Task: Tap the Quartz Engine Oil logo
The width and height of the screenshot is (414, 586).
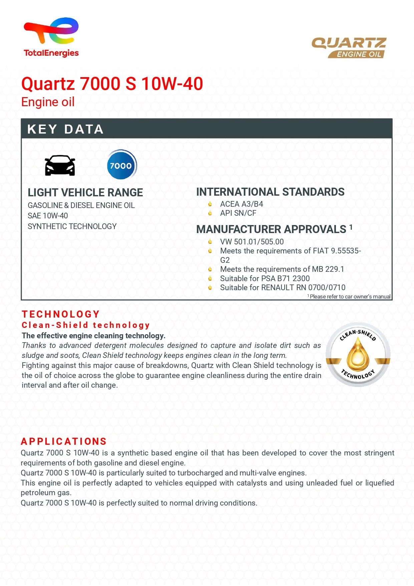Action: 349,47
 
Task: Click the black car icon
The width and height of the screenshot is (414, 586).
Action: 60,165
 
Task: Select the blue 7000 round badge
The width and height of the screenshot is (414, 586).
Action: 121,165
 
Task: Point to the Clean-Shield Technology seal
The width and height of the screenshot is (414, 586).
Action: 358,355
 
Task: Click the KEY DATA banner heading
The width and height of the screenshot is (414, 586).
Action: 65,129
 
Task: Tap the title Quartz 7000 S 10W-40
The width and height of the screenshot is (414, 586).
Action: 112,83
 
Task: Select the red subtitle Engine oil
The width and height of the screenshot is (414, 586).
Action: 48,102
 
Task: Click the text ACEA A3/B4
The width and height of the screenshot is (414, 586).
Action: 242,204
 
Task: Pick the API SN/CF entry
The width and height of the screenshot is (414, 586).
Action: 238,213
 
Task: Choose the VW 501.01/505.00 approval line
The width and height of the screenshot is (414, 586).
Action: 252,242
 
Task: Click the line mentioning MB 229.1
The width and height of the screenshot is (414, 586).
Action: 282,269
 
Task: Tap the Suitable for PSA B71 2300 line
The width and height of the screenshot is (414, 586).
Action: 265,278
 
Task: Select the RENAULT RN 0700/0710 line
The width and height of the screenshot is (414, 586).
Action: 283,287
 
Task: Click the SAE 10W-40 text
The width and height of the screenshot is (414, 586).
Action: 48,216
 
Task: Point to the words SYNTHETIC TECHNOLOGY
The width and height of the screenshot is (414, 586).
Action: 72,226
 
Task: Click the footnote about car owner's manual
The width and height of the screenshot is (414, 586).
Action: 349,297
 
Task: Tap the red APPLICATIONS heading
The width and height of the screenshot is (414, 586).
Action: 64,441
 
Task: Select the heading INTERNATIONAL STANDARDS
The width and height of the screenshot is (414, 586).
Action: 270,192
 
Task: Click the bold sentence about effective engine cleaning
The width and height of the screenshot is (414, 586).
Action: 93,336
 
